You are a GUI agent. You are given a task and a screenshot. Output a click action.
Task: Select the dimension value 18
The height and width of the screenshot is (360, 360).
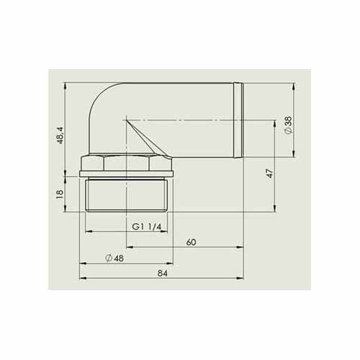[x=60, y=192]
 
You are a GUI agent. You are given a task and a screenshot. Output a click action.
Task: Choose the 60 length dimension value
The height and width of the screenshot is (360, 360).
[x=191, y=242]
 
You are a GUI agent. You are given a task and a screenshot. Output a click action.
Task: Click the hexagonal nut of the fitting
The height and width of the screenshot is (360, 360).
[x=128, y=163]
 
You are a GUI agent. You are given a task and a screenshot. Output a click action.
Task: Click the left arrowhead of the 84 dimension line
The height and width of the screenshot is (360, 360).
[x=81, y=278]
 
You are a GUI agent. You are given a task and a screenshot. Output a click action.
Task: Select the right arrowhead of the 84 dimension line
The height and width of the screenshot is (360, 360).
[x=243, y=278]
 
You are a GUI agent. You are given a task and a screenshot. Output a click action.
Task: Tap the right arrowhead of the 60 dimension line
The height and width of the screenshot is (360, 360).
[x=243, y=247]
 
